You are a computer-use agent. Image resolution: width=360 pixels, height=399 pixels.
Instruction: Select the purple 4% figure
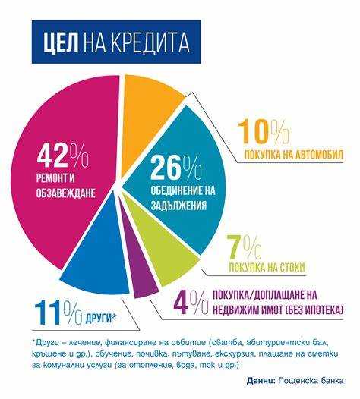tap(190, 303)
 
